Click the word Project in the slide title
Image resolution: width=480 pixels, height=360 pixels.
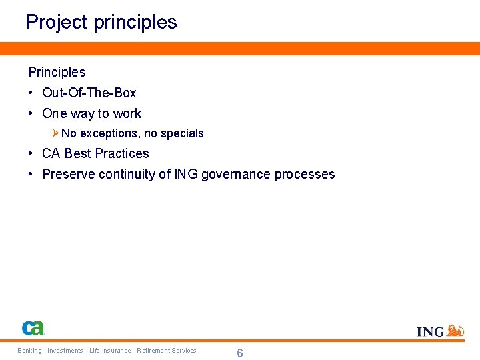[56, 22]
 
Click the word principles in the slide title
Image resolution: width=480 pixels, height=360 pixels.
[135, 22]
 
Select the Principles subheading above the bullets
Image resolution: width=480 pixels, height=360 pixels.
[57, 72]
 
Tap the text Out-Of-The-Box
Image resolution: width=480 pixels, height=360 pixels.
[89, 93]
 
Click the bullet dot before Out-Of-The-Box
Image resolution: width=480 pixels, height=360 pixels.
[31, 93]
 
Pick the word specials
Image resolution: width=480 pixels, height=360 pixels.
[182, 133]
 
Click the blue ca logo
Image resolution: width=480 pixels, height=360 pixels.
[33, 328]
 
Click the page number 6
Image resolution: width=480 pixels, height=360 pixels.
[240, 353]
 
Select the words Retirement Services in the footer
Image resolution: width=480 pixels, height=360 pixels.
[167, 351]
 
